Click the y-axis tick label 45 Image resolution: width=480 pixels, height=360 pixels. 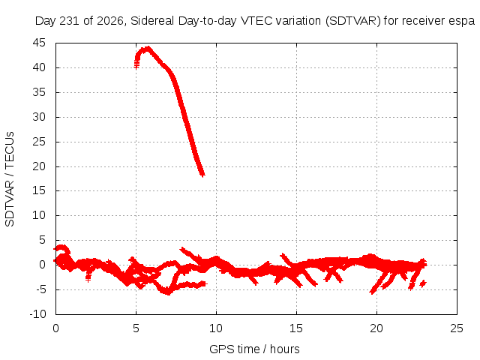(39, 43)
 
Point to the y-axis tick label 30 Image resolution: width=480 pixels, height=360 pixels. (39, 117)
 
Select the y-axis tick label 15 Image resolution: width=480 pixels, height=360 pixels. (39, 190)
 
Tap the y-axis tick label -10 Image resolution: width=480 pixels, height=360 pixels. (37, 314)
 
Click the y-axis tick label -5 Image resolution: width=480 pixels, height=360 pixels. (40, 289)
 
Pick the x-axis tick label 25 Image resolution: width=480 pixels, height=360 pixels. (457, 328)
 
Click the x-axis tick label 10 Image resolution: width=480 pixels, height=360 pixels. (216, 328)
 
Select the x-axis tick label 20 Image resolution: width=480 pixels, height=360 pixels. (376, 328)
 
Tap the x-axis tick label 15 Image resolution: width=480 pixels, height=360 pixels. (296, 328)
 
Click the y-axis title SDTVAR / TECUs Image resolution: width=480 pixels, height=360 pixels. (10, 179)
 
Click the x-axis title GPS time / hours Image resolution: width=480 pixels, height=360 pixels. (254, 349)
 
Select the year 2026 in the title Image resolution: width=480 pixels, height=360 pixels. (110, 21)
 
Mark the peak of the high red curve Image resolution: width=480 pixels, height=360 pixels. (148, 48)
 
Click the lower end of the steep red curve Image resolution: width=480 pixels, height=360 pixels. (202, 175)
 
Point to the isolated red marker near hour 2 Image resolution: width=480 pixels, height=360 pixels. (88, 278)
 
